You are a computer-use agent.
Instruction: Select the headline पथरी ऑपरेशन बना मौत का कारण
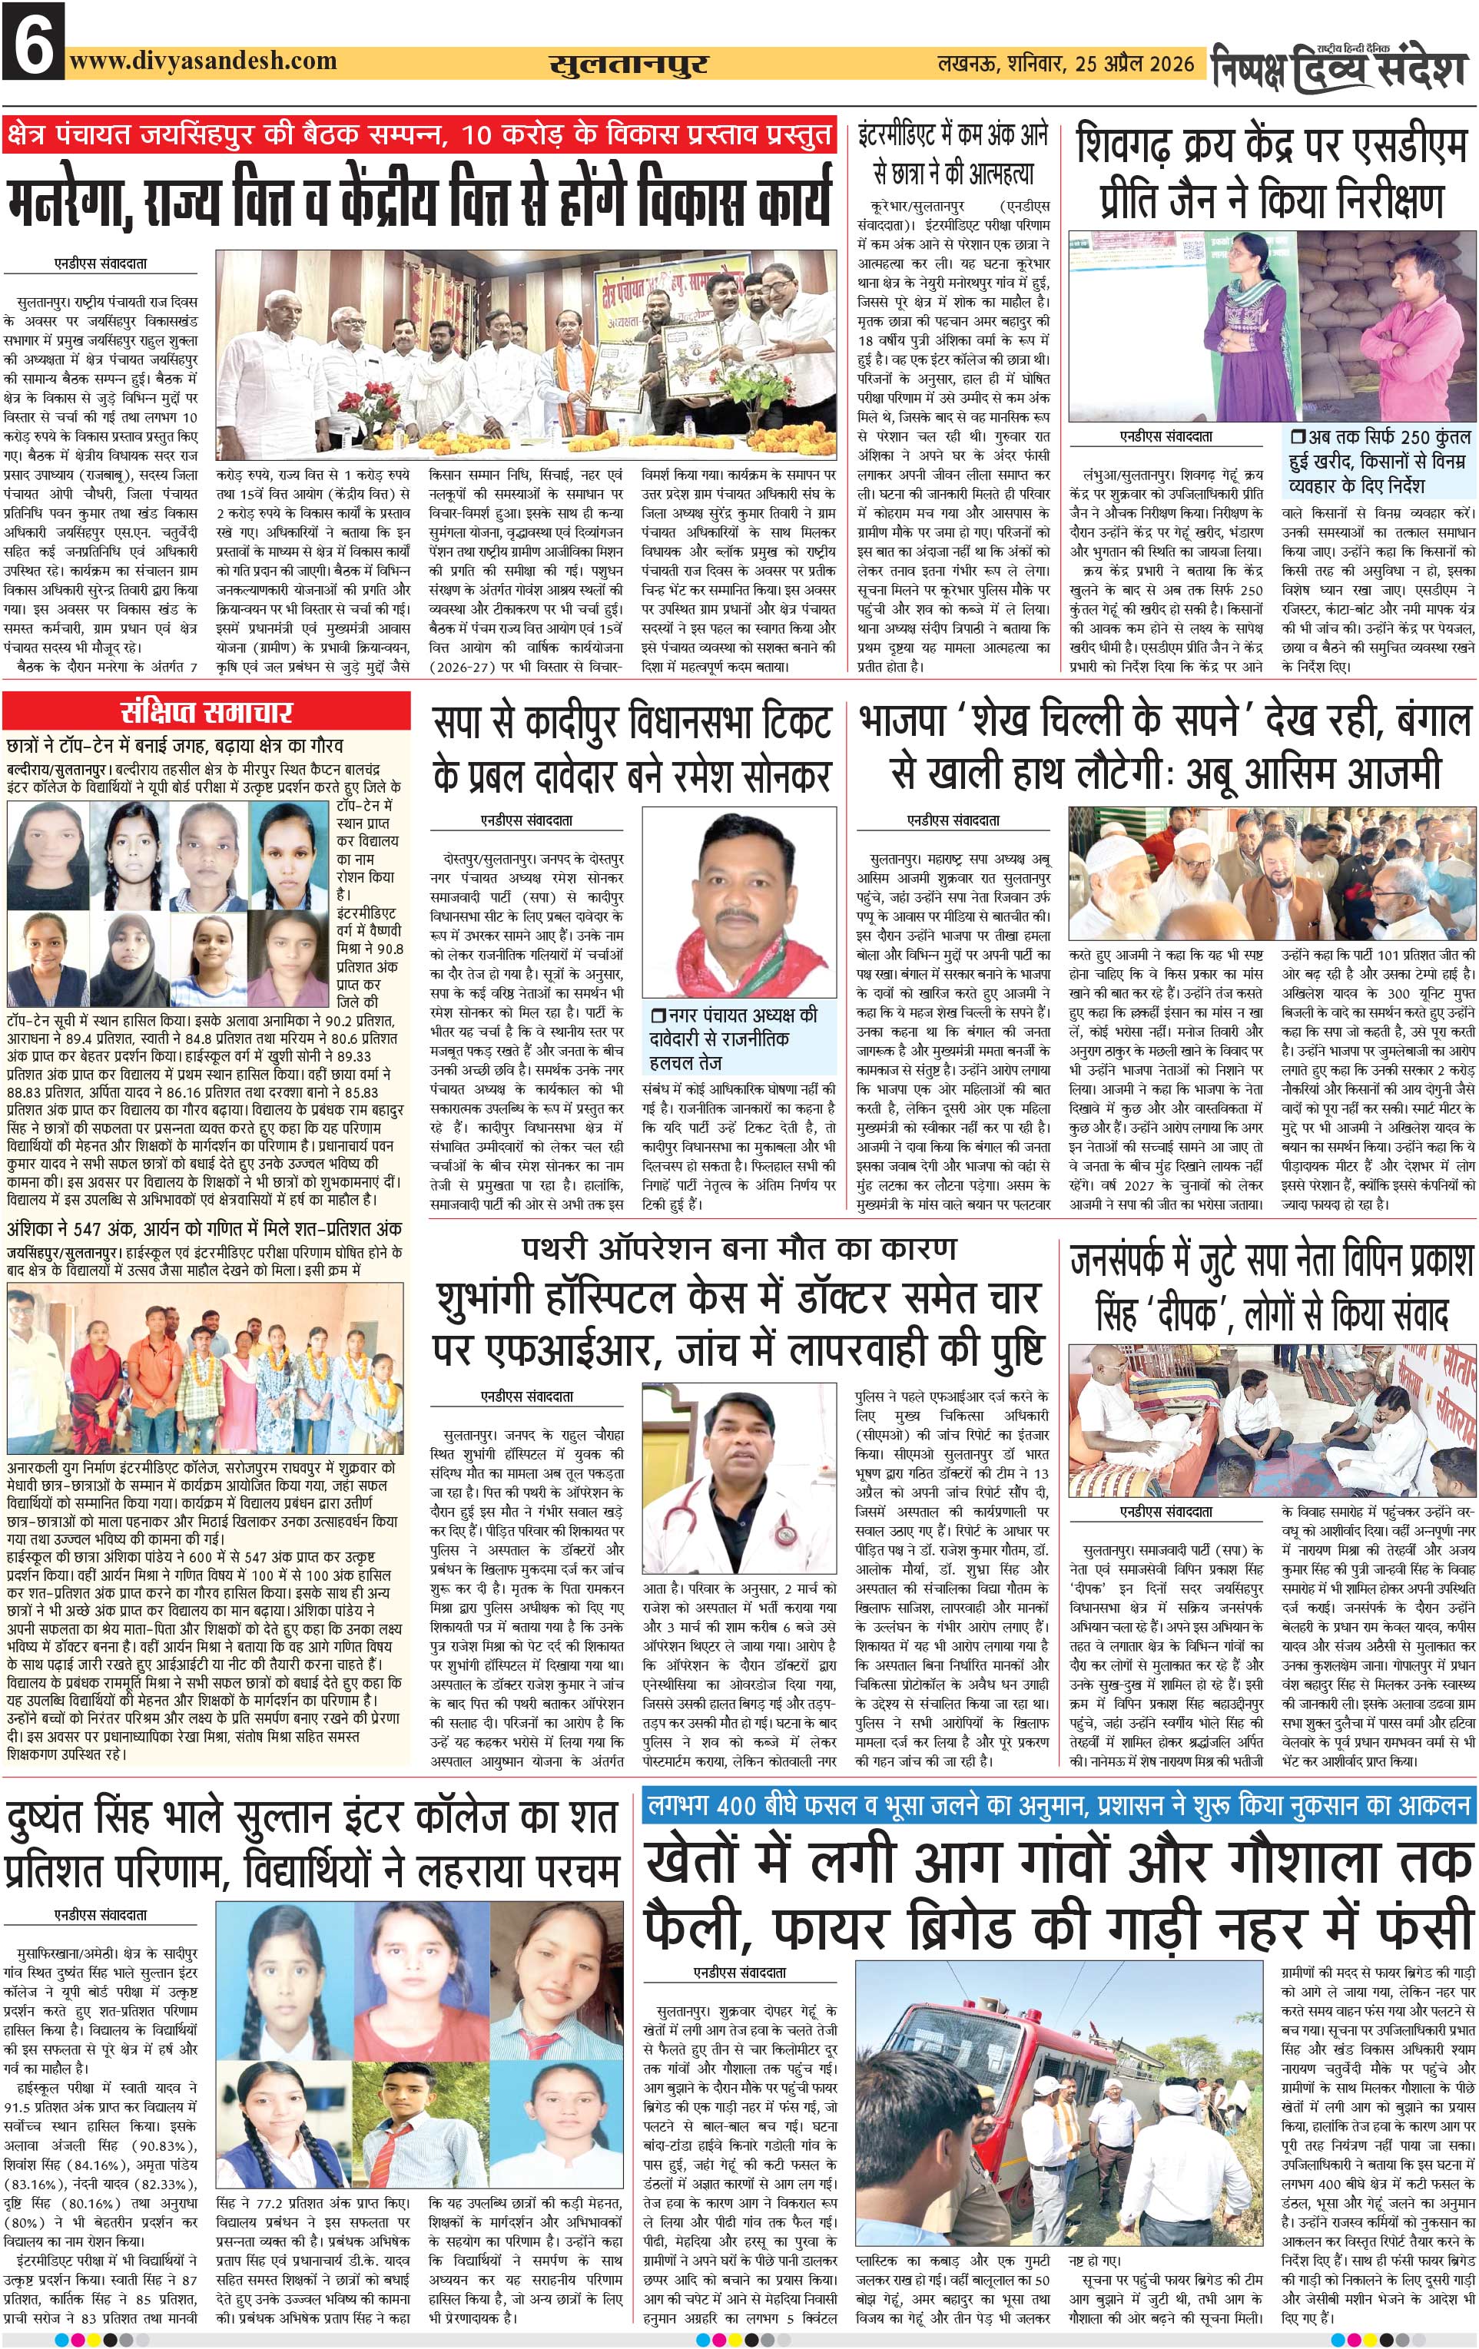pos(738,1249)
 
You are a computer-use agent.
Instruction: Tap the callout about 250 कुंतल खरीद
pos(1378,460)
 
